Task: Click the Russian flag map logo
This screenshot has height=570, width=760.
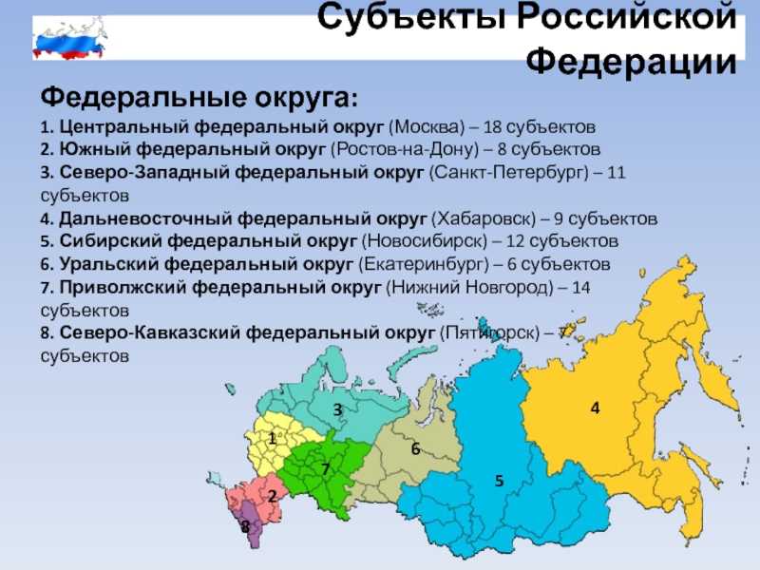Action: click(68, 38)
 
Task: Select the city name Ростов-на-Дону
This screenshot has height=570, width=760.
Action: click(405, 149)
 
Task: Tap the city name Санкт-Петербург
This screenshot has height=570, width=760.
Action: click(508, 173)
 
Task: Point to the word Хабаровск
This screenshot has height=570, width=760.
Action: click(484, 218)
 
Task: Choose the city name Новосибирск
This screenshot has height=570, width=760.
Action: click(425, 241)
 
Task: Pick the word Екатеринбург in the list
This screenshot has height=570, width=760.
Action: click(424, 265)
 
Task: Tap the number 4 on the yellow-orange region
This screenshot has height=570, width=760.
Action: click(596, 408)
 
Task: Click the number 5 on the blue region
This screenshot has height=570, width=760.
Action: click(500, 481)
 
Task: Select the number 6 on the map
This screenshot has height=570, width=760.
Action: click(415, 448)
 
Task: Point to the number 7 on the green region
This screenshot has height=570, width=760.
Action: click(325, 468)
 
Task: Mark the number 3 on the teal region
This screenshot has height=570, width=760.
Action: click(338, 409)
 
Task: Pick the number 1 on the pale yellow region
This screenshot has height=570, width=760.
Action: click(273, 439)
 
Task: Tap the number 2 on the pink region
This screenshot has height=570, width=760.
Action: click(272, 495)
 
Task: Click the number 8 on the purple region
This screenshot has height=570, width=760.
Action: click(246, 526)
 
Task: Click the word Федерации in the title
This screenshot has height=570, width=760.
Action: click(632, 62)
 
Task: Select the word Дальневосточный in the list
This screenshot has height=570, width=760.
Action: click(145, 218)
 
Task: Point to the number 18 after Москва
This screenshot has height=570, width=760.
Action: click(492, 127)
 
